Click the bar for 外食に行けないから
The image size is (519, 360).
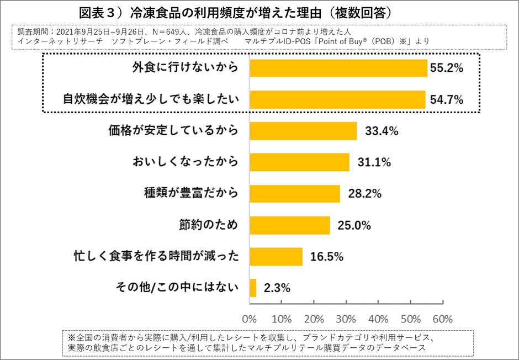[x=338, y=68]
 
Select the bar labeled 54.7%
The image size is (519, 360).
[x=337, y=99]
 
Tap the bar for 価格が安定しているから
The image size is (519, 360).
[x=303, y=131]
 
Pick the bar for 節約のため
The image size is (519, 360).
[x=290, y=225]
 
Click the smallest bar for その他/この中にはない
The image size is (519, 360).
[x=253, y=288]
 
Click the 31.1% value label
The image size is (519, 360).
[x=374, y=162]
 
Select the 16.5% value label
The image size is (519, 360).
[x=327, y=257]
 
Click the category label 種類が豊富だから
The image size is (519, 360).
[x=191, y=193]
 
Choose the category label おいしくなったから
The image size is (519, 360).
[x=185, y=162]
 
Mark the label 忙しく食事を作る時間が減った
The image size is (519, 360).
[x=156, y=256]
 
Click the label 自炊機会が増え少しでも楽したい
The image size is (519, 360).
[x=150, y=99]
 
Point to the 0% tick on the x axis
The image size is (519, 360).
[x=250, y=319]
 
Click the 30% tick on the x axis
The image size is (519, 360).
[x=346, y=319]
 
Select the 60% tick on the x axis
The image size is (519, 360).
[x=442, y=319]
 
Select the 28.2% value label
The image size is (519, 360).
[x=365, y=194]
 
